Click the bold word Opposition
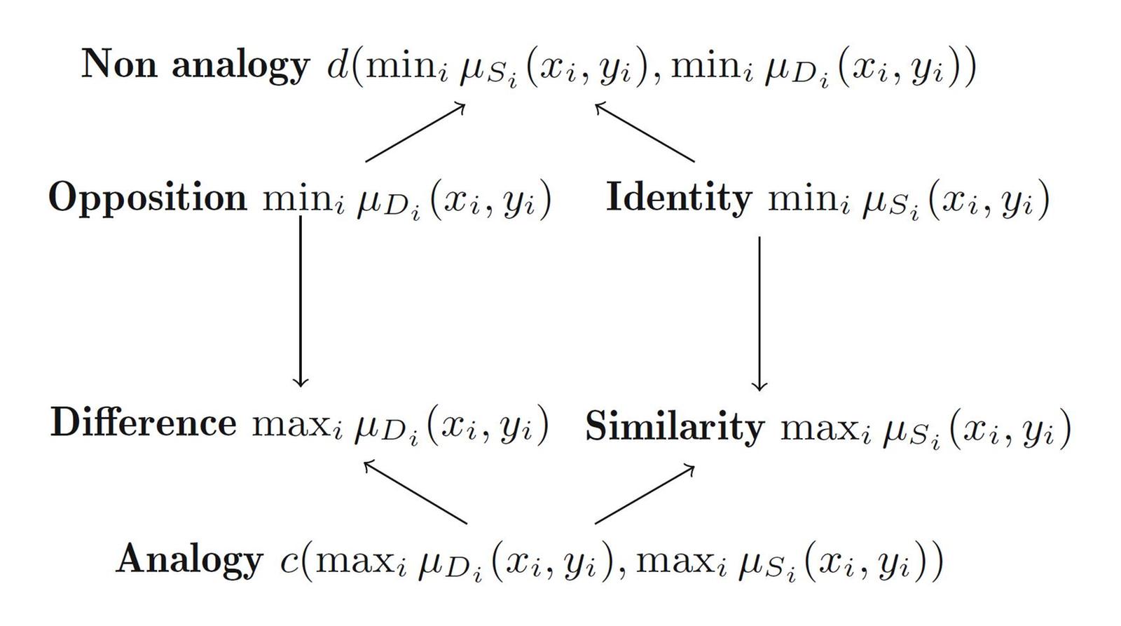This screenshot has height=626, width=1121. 147,198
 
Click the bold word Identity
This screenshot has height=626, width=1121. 678,198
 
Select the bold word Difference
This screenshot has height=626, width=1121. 143,423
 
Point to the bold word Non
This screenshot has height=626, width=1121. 118,64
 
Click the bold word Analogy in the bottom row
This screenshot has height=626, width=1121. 189,560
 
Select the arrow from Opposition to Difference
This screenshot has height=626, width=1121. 301,301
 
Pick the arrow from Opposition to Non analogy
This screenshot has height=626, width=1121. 415,132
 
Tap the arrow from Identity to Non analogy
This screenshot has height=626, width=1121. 645,133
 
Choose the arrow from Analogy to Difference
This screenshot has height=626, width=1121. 415,491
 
